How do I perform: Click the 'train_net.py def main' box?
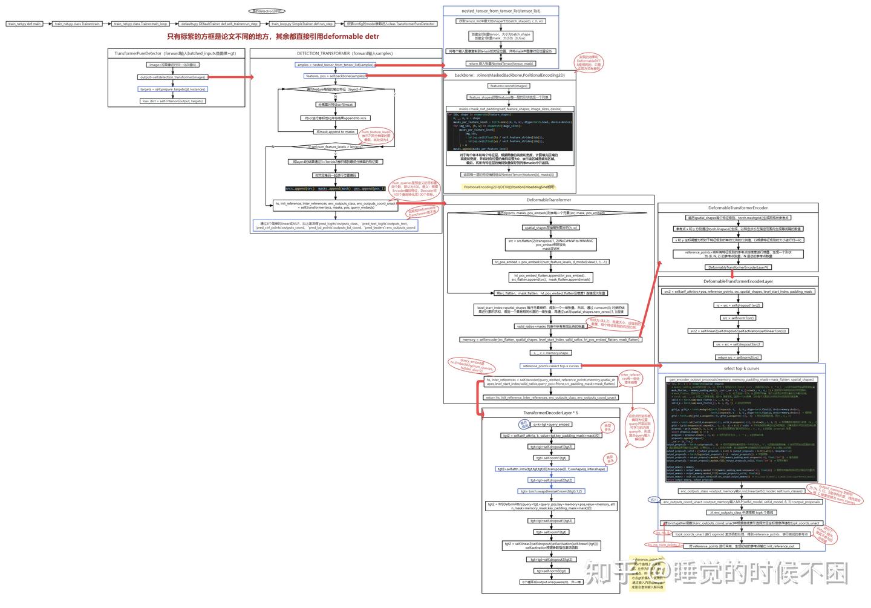click(25, 24)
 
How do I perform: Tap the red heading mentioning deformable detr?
click(273, 37)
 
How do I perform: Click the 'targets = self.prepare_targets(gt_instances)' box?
click(173, 89)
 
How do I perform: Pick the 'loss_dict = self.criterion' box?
click(173, 101)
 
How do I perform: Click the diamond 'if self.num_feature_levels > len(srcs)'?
click(336, 146)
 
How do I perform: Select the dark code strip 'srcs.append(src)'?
click(336, 189)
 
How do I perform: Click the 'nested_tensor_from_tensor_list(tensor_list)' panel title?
click(501, 11)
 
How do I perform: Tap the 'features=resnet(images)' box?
click(509, 86)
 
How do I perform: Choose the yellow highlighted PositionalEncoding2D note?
click(509, 187)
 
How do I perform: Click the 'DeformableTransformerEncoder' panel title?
click(738, 208)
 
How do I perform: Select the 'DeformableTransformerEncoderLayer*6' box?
click(738, 267)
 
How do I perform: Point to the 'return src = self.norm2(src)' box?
click(738, 358)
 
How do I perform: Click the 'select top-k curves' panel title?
click(741, 368)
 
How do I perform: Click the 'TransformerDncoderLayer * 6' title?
click(550, 413)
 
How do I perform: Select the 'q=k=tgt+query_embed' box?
click(551, 424)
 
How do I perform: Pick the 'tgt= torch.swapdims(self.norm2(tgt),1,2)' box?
click(551, 491)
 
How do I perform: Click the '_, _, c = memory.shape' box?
click(550, 353)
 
